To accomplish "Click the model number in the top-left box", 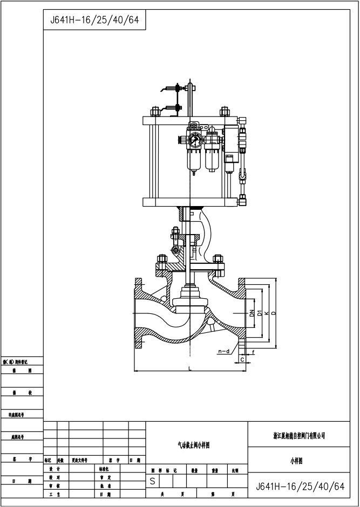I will tap(94, 20).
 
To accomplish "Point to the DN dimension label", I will tap(251, 312).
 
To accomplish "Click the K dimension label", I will tap(266, 312).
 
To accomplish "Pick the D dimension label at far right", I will tap(274, 312).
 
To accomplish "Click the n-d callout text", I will tap(224, 352).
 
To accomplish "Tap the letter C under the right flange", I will tap(242, 359).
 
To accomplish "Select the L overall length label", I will tap(190, 368).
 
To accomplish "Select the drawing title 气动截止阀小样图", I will tap(193, 445).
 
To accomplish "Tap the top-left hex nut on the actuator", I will tap(155, 112).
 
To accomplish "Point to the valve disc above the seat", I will tap(190, 298).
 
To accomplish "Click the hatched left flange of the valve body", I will tap(139, 312).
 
